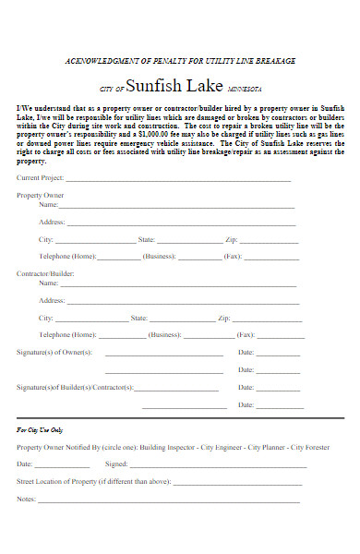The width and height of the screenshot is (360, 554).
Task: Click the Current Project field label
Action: [x=40, y=177]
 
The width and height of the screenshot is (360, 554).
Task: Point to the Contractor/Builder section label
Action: [x=45, y=274]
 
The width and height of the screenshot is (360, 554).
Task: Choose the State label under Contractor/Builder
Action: [x=139, y=318]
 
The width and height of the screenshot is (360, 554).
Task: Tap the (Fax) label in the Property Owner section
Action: [x=233, y=256]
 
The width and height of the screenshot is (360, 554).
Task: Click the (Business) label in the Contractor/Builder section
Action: [x=164, y=334]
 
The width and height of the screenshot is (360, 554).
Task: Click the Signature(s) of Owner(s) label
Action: [x=54, y=353]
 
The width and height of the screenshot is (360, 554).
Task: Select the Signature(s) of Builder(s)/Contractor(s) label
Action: [x=75, y=388]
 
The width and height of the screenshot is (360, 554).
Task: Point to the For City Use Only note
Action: [x=40, y=430]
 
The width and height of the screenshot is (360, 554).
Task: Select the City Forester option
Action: [x=311, y=447]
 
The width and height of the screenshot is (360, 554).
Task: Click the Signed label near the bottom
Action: [x=116, y=464]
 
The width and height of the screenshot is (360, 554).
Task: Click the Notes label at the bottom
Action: [x=26, y=499]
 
